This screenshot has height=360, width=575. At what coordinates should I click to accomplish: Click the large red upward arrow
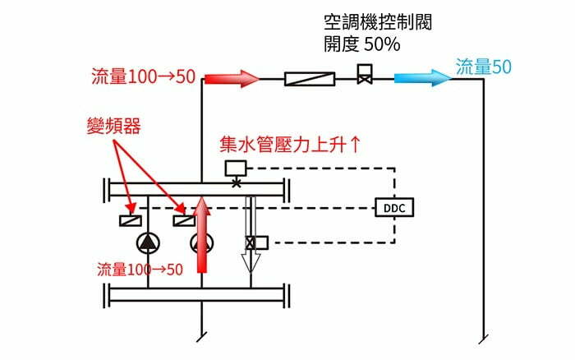tap(201, 238)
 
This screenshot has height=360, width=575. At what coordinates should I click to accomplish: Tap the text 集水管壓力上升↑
tap(289, 145)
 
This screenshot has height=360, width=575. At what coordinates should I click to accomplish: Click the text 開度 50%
tap(362, 44)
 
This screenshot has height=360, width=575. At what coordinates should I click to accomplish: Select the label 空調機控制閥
tap(378, 23)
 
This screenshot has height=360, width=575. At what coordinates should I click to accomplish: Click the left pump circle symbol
tap(148, 242)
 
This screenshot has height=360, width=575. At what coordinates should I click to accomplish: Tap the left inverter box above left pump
tap(130, 219)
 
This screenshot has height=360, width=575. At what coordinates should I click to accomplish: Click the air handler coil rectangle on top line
tap(309, 79)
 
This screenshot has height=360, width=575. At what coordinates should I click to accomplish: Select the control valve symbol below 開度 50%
tap(364, 77)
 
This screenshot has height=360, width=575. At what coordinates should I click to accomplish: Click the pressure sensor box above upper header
tap(237, 168)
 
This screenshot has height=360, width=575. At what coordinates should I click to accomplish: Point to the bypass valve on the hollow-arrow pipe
tap(252, 242)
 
